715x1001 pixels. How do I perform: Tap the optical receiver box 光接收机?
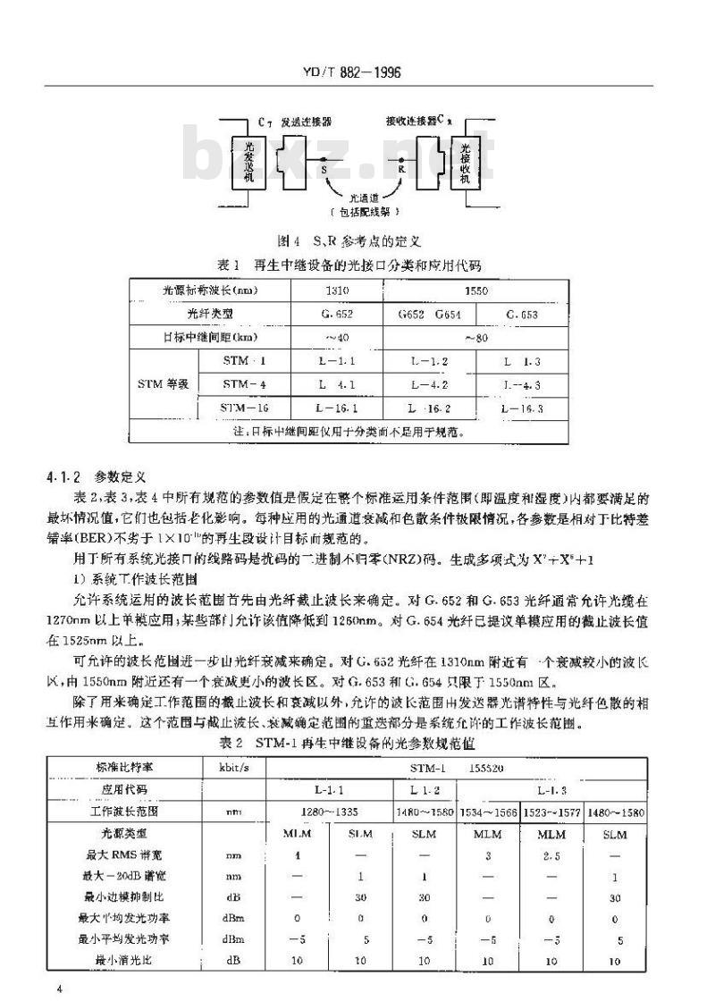(x=466, y=162)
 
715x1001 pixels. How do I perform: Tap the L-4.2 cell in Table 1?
(x=429, y=385)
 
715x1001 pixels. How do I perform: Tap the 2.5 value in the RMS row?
(x=550, y=856)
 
